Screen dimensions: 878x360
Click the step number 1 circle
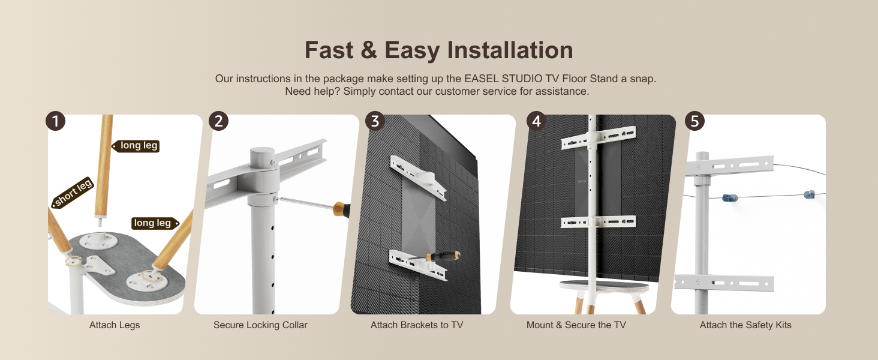pyautogui.click(x=55, y=121)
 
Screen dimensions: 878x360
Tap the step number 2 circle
pyautogui.click(x=219, y=121)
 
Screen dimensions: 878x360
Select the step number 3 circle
pyautogui.click(x=375, y=121)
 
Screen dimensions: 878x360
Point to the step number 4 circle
pyautogui.click(x=536, y=121)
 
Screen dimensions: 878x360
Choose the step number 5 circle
pyautogui.click(x=694, y=121)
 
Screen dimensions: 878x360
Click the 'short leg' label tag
pyautogui.click(x=73, y=192)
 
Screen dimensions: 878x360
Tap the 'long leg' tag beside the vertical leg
pyautogui.click(x=136, y=146)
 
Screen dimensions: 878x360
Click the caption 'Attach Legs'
pyautogui.click(x=115, y=325)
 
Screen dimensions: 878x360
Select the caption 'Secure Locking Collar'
pyautogui.click(x=260, y=325)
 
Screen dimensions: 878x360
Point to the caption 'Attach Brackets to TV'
pyautogui.click(x=417, y=325)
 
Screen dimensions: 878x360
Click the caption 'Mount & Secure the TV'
pyautogui.click(x=576, y=325)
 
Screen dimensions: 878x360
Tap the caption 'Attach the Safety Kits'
pyautogui.click(x=745, y=325)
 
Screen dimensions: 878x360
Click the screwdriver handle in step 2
pyautogui.click(x=341, y=209)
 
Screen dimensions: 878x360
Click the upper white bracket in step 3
pyautogui.click(x=418, y=178)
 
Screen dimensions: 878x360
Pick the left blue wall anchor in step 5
pyautogui.click(x=730, y=197)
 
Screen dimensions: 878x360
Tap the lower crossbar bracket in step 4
pyautogui.click(x=599, y=222)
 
